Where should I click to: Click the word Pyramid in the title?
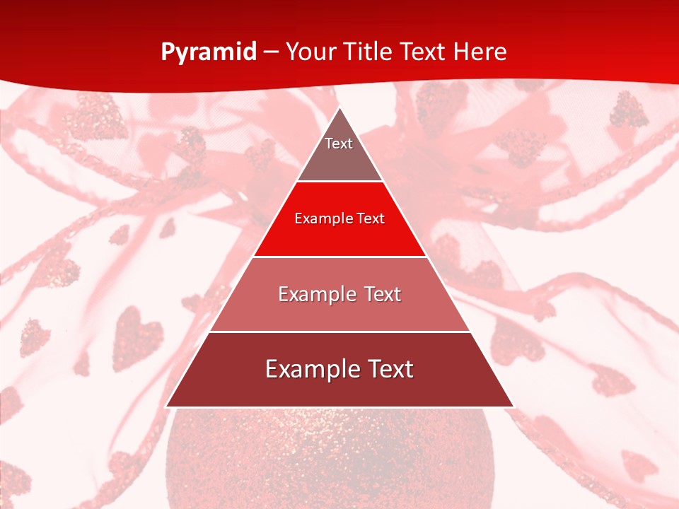point(208,52)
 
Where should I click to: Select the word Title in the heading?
point(368,52)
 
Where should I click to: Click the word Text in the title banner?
point(422,52)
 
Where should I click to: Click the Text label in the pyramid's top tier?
point(339,144)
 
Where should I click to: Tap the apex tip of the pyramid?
point(339,108)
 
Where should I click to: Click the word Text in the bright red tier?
point(371,218)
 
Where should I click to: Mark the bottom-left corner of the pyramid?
point(166,406)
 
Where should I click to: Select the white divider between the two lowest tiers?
point(339,332)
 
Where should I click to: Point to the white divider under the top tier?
point(339,182)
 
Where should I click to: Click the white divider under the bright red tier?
point(339,257)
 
